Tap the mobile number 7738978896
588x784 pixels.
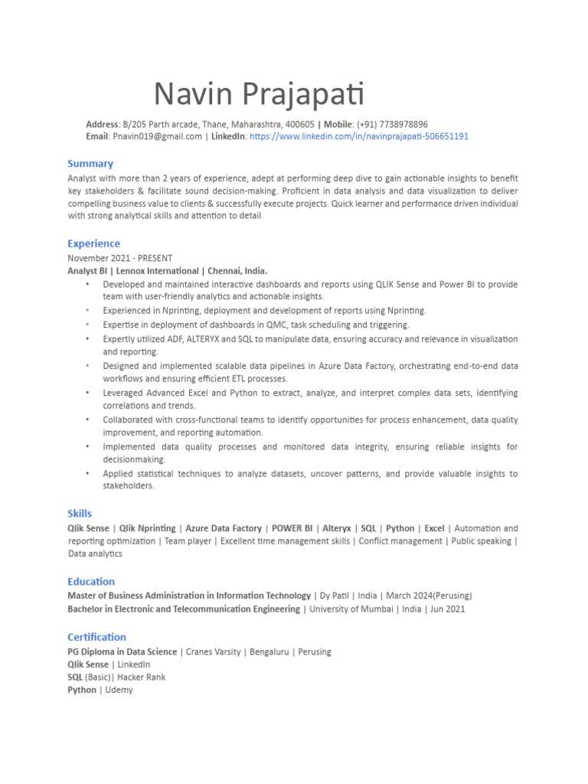point(403,124)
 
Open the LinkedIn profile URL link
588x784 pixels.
point(359,136)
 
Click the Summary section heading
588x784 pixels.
point(90,163)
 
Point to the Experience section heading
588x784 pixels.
point(93,243)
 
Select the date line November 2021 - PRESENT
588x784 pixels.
point(119,258)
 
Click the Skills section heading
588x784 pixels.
point(80,514)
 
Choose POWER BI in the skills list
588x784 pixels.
point(292,528)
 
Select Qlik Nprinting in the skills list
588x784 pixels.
point(149,528)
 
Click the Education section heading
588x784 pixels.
point(91,581)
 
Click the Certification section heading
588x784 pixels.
point(96,636)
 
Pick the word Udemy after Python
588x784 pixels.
point(119,690)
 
